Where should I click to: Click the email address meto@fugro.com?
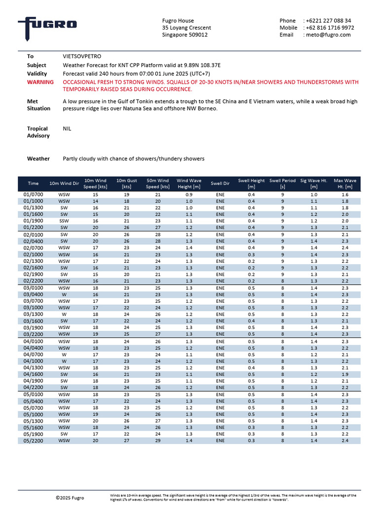328,35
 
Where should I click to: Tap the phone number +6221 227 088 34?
328,21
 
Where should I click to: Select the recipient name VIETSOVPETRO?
82,57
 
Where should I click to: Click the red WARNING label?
40,82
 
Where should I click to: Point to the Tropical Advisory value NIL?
68,128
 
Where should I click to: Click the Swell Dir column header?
220,183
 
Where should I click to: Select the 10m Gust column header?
126,183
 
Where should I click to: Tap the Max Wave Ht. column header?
345,183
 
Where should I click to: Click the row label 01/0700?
34,195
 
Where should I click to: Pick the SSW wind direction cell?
64,221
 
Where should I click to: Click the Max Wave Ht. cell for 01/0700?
345,195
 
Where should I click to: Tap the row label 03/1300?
34,314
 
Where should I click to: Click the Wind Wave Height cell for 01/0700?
189,195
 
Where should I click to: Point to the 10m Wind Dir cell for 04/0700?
64,354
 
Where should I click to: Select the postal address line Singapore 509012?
185,35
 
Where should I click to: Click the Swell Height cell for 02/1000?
251,254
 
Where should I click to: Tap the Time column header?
34,183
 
